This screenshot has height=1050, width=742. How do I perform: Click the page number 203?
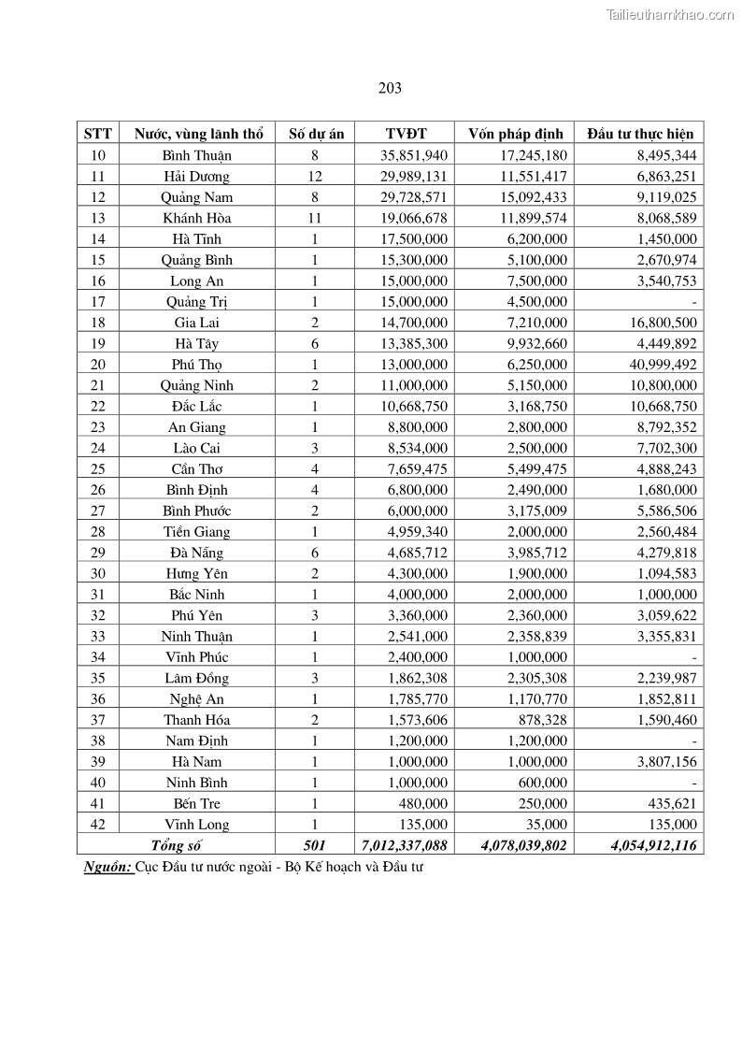(x=391, y=88)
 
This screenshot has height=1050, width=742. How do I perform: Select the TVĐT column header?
(x=405, y=134)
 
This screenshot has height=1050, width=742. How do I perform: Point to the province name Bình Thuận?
(x=196, y=155)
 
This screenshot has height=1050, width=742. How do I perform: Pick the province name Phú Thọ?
(x=196, y=365)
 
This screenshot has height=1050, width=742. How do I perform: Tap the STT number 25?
(x=97, y=469)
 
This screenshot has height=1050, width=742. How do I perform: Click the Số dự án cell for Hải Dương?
(x=315, y=176)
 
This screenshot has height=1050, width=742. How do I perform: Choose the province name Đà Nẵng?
(x=196, y=553)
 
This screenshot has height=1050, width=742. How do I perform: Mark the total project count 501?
(x=315, y=845)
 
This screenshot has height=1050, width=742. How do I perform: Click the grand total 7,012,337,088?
(x=405, y=845)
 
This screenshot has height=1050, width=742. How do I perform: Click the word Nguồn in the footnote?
(x=107, y=867)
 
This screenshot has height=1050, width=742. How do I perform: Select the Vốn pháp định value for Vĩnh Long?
(x=545, y=825)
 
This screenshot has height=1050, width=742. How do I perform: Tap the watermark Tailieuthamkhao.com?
(x=670, y=14)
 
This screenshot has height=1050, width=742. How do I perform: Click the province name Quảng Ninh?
(x=196, y=385)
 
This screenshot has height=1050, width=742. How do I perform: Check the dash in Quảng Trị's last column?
(x=694, y=302)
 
